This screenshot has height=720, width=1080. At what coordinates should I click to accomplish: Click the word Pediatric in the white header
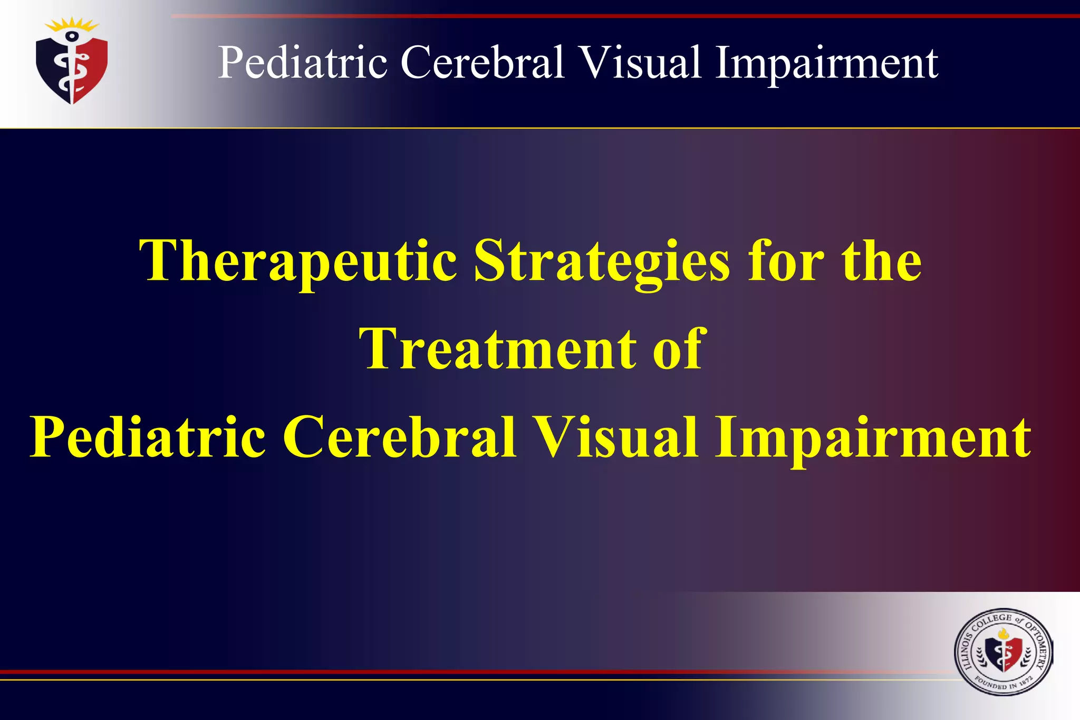pyautogui.click(x=303, y=63)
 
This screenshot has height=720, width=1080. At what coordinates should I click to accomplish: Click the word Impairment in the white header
pyautogui.click(x=826, y=63)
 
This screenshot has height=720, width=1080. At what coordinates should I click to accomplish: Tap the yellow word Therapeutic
pyautogui.click(x=298, y=262)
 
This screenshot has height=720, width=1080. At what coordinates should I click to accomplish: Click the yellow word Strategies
pyautogui.click(x=602, y=262)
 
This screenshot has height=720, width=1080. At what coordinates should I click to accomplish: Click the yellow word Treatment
pyautogui.click(x=497, y=349)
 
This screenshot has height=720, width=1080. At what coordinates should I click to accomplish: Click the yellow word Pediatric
pyautogui.click(x=148, y=437)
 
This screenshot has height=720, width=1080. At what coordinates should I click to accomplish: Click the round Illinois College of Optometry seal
pyautogui.click(x=1003, y=653)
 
